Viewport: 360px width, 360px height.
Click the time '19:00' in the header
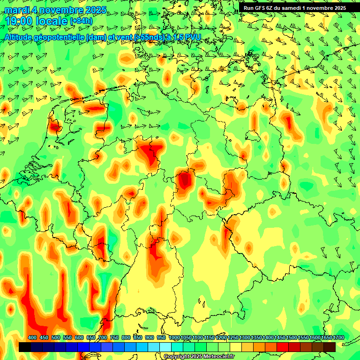point(19,21)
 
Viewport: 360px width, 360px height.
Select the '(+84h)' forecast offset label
point(81,21)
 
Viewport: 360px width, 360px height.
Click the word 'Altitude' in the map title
point(20,37)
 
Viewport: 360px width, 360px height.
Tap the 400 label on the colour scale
point(32,338)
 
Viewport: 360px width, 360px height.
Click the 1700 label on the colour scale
point(338,338)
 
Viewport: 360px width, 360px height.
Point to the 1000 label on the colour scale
point(174,338)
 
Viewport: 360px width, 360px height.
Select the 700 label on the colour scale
point(103,338)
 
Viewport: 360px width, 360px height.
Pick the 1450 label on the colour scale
point(280,338)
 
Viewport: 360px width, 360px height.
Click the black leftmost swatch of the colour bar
point(25,347)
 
